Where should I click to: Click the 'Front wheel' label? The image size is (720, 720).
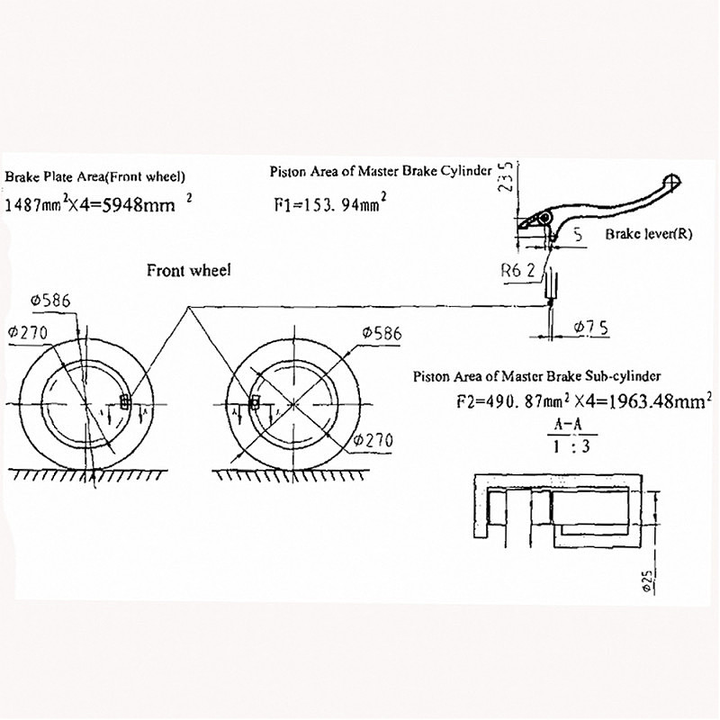pyautogui.click(x=189, y=270)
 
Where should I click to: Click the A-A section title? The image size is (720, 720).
pyautogui.click(x=570, y=423)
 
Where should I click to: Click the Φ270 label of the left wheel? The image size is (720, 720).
pyautogui.click(x=26, y=333)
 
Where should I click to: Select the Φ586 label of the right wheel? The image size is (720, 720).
pyautogui.click(x=382, y=333)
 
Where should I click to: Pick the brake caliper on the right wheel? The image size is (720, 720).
pyautogui.click(x=255, y=401)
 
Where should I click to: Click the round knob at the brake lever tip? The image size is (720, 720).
pyautogui.click(x=669, y=181)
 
